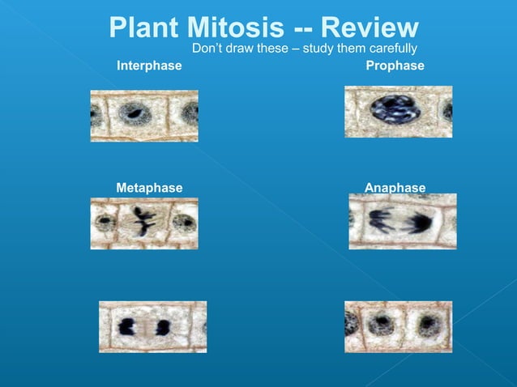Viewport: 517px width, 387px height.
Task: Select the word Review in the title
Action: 370,28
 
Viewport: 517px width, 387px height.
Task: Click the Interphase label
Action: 149,66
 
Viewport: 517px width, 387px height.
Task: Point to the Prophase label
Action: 395,66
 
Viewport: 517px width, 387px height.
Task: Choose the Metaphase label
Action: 149,188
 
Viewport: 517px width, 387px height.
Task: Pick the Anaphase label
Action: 395,188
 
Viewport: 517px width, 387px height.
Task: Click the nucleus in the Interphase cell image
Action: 135,113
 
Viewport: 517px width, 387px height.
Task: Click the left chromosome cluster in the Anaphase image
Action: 381,219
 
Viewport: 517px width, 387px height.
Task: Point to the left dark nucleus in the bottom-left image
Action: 126,327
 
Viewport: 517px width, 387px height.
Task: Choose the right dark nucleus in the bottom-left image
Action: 163,327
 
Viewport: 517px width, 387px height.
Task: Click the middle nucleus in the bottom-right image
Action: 379,325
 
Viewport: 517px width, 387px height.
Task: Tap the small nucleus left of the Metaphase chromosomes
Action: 105,221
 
